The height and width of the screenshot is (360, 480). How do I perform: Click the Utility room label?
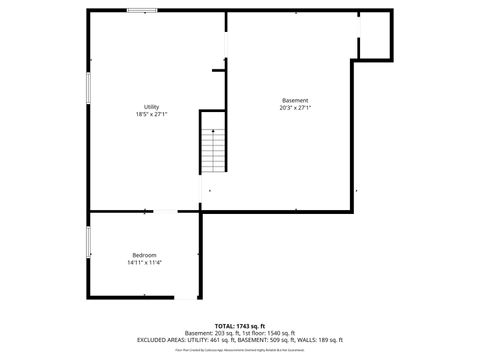coord(152,107)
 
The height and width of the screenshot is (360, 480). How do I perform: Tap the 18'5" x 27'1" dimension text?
coord(152,114)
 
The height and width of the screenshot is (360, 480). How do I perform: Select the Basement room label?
coord(295,100)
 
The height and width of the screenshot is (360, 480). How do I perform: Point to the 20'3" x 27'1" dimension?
coord(295,108)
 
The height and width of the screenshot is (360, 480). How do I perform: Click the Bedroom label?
coord(145,255)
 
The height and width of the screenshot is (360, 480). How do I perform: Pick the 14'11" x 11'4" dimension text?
coord(145,263)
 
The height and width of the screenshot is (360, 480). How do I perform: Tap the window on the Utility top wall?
coord(142,11)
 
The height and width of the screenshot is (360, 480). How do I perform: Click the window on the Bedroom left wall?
coord(88,241)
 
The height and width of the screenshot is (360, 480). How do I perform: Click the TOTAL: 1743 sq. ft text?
coord(240,326)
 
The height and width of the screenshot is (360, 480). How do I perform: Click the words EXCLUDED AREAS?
coord(159,340)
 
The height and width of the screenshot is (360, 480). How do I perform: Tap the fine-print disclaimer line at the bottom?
coord(240,350)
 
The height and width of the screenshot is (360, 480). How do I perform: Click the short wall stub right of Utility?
coord(218,69)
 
